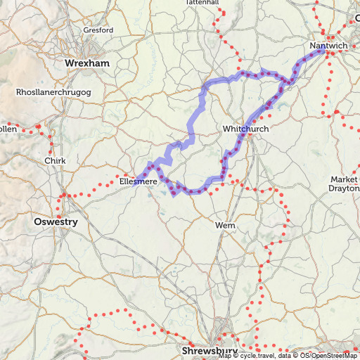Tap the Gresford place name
pos(98,31)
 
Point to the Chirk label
pos(54,161)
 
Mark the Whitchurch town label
pos(245,129)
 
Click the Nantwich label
pos(328,46)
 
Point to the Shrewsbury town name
pos(209,350)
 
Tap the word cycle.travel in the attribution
pos(254,356)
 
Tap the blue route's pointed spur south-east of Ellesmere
pos(173,195)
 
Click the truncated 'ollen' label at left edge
pos(8,129)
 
